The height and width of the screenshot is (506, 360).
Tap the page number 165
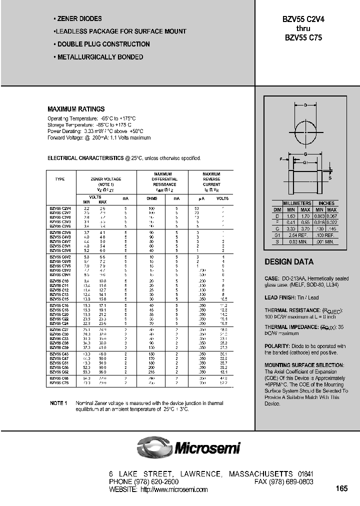coord(342,488)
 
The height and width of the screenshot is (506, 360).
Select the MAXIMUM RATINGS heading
coord(76,109)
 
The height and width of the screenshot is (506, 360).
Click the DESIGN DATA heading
coord(289,262)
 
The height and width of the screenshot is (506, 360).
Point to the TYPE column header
coord(60,179)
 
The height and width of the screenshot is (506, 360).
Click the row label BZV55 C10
coord(59,281)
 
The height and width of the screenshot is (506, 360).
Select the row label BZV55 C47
coord(60,357)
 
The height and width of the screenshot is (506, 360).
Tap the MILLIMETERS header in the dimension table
coord(297,203)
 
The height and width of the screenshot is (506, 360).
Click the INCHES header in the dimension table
coord(326,203)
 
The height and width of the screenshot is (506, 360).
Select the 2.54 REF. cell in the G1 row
coord(297,234)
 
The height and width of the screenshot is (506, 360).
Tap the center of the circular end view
coord(305,132)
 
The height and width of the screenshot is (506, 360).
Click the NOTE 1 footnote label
coord(58,403)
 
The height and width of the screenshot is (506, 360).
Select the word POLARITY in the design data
coord(276,346)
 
